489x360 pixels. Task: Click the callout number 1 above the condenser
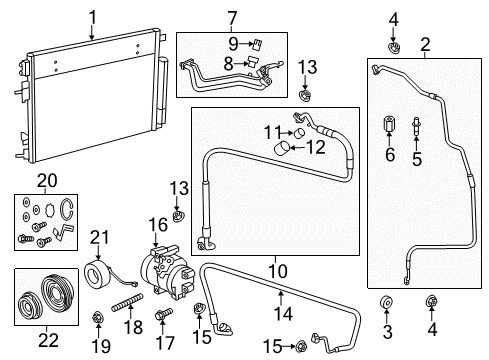(x=92, y=17)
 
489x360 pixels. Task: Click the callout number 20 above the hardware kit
(x=42, y=181)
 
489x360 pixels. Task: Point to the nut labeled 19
(x=97, y=319)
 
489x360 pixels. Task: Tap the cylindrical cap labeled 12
(x=284, y=150)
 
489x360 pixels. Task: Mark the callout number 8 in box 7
(x=229, y=64)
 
